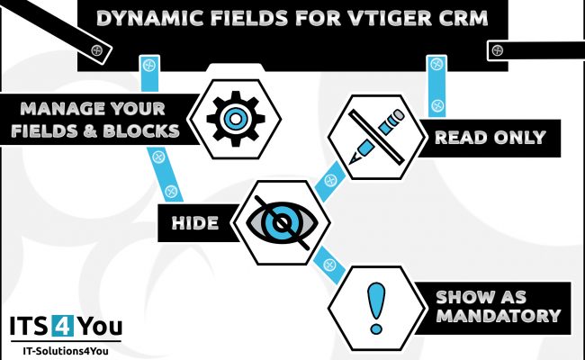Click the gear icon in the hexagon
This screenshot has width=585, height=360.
pos(236,119)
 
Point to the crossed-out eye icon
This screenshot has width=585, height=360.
pos(282,222)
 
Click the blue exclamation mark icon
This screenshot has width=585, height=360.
pos(375,308)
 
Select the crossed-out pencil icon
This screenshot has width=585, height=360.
pos(377,137)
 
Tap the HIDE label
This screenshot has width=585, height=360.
pos(195,223)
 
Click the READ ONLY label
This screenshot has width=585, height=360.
pos(490,138)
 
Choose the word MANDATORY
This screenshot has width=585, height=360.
pos(499,316)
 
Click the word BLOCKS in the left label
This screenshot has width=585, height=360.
pos(141,130)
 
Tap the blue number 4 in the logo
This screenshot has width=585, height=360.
pos(62,326)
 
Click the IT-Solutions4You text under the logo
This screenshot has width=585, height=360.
pos(66,351)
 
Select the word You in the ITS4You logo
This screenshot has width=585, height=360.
pos(98,327)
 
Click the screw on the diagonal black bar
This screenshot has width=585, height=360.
pos(96,50)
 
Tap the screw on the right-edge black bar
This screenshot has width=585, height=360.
pos(498,50)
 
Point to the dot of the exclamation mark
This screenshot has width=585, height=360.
pos(375,329)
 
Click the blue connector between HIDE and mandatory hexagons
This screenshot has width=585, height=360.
pos(329,265)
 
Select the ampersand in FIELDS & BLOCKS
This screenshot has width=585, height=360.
pos(90,130)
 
